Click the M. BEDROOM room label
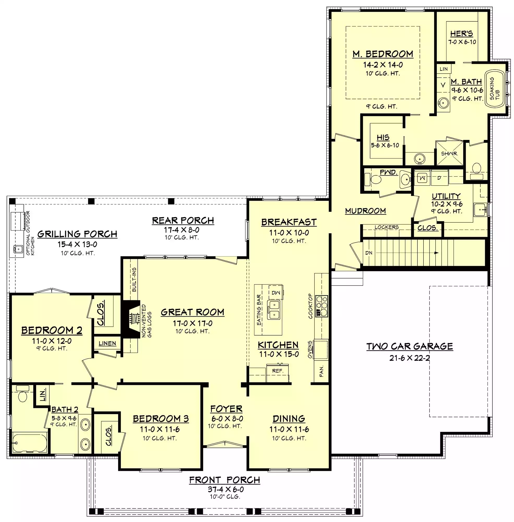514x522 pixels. click(383, 54)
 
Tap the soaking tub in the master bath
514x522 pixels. click(495, 89)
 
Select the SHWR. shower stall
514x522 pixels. click(450, 153)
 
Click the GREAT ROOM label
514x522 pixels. click(193, 312)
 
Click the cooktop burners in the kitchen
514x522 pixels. click(321, 306)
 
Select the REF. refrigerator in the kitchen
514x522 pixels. click(278, 373)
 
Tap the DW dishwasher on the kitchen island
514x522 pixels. click(276, 293)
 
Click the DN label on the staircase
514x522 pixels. click(369, 253)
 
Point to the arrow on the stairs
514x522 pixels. click(407, 253)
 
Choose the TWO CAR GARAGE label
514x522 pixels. click(410, 346)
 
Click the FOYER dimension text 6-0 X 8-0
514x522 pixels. click(227, 419)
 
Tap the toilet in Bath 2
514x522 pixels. click(23, 394)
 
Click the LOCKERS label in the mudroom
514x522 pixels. click(387, 227)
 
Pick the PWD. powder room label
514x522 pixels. click(389, 172)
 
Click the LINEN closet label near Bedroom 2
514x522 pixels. click(107, 343)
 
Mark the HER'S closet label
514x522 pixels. click(462, 34)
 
